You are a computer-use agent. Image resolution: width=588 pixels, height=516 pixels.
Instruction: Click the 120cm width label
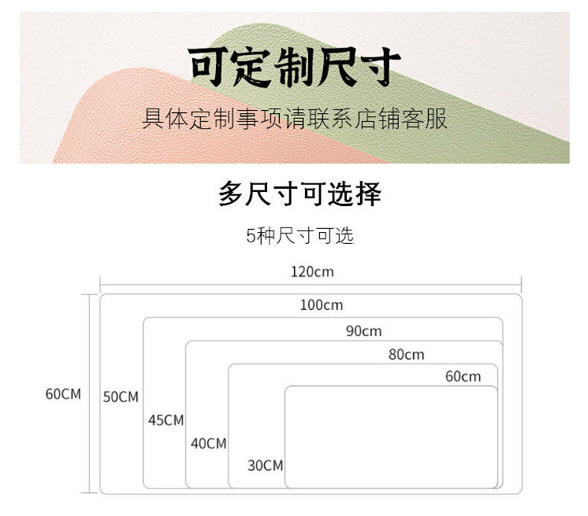coord(312,271)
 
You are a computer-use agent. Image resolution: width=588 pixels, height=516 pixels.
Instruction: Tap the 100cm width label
coord(322,305)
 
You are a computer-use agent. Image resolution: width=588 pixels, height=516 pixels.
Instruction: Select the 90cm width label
coord(363,331)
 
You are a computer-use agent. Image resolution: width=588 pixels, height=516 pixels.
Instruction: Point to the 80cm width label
coord(406,355)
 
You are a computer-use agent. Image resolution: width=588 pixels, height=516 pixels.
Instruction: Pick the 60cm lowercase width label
coord(463,376)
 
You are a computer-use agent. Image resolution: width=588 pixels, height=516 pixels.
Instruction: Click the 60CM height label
coord(63,394)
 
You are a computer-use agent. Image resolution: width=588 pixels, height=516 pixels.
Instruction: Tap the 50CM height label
coord(121,397)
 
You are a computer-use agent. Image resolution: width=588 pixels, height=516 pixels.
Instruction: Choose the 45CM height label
coord(165,420)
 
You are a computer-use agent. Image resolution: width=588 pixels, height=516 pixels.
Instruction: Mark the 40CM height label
coord(208,444)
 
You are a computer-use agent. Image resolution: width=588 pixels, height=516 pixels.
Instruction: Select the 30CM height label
coord(265,466)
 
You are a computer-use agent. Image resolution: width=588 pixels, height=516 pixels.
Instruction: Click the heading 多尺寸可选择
coord(299,194)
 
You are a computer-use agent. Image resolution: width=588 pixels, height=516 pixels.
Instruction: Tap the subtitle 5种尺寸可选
coord(299,236)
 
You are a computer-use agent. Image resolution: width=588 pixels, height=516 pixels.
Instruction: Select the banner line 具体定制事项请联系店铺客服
coord(295,118)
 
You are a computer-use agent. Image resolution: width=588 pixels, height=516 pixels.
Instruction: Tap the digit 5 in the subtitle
coord(251,237)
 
